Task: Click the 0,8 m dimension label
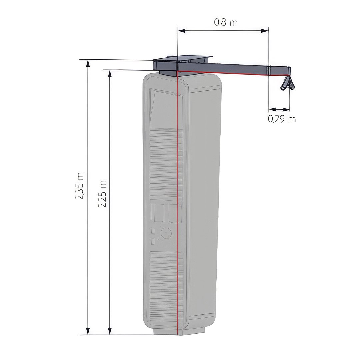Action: (226, 22)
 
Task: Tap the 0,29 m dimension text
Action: (282, 119)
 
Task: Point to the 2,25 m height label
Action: (102, 194)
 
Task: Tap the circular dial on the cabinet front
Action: (166, 233)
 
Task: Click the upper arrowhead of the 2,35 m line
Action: (88, 64)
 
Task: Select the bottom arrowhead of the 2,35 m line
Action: (88, 331)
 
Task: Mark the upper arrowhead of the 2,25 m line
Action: (110, 74)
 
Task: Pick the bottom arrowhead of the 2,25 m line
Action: (110, 331)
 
